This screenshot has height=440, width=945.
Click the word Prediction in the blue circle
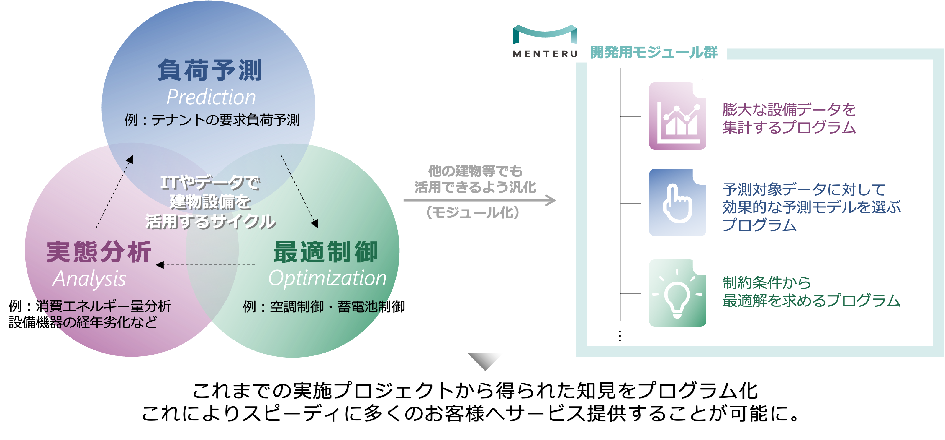(211, 97)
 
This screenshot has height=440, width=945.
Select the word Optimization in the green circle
(327, 278)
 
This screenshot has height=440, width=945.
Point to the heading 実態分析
(99, 252)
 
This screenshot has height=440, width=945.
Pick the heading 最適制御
(326, 252)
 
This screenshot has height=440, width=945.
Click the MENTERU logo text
(545, 54)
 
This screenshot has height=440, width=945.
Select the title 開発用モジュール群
(654, 53)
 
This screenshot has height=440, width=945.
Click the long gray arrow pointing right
(479, 200)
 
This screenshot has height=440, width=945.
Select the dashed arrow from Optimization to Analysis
(205, 265)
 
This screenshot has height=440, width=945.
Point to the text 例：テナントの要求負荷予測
(212, 120)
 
